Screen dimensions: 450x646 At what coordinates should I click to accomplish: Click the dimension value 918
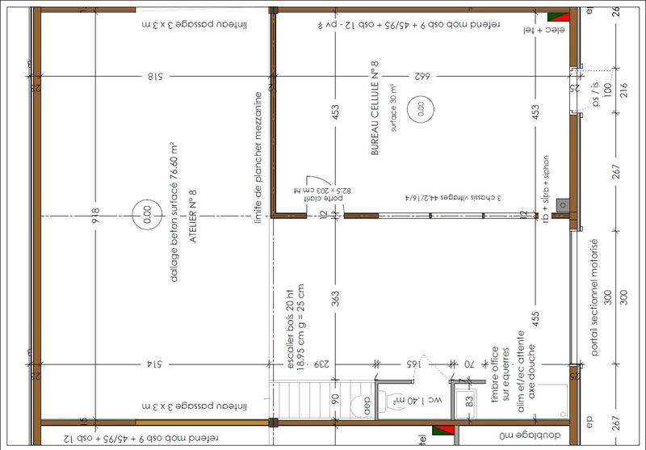tap(96, 217)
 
